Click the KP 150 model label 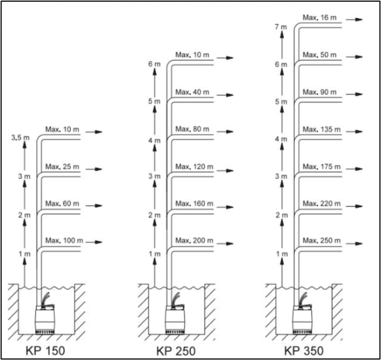(x=45, y=349)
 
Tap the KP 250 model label (x=176, y=349)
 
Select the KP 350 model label (x=304, y=349)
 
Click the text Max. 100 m (x=64, y=240)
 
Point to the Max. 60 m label (x=62, y=204)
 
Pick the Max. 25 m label (x=62, y=167)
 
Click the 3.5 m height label (x=21, y=138)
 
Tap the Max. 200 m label (x=194, y=240)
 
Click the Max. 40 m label (x=192, y=92)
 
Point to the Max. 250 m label (x=321, y=240)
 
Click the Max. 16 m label (x=320, y=18)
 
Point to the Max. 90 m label (x=320, y=92)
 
